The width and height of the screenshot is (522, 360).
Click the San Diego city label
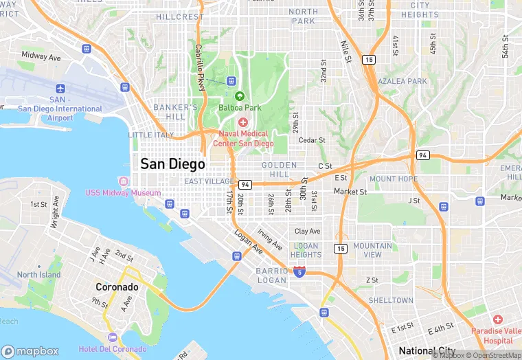click(x=172, y=164)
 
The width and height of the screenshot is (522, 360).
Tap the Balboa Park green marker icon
click(x=240, y=96)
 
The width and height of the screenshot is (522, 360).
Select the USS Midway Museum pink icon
click(x=123, y=181)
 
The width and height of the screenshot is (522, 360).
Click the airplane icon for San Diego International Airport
click(x=60, y=89)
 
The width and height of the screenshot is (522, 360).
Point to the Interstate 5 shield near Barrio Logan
click(x=299, y=271)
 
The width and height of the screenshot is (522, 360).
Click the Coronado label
click(x=116, y=286)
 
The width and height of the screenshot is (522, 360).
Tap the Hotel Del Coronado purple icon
click(x=113, y=337)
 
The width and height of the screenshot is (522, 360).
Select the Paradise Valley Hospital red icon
click(x=498, y=320)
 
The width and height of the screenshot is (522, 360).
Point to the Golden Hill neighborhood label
click(x=279, y=170)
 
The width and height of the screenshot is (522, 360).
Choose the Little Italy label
click(x=151, y=135)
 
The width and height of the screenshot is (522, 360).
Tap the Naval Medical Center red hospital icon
click(x=243, y=122)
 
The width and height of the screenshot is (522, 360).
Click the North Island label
click(x=39, y=275)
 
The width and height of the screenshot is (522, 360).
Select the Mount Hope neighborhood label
click(x=393, y=179)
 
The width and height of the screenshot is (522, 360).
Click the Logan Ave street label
click(x=248, y=242)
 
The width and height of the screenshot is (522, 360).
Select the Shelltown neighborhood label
click(x=391, y=300)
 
